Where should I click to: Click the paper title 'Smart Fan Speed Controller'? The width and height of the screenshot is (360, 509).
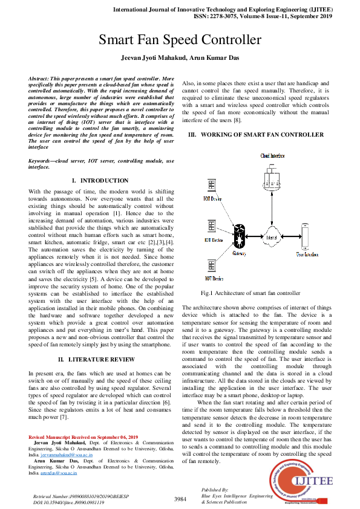180,41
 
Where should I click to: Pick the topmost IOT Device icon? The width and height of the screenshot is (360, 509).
212,186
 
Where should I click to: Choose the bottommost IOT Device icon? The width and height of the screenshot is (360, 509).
212,264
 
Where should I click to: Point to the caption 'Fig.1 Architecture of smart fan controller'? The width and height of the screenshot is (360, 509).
241,293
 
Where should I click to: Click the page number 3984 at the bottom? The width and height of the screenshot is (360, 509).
180,499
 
